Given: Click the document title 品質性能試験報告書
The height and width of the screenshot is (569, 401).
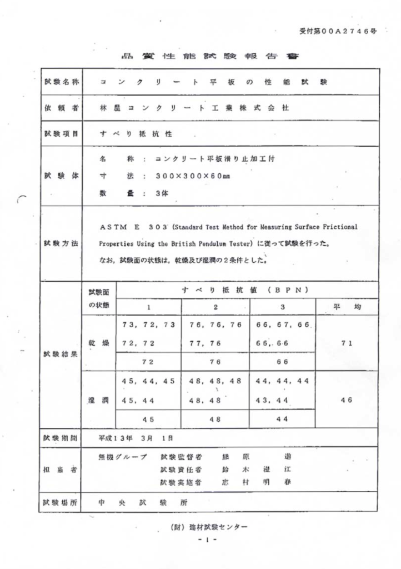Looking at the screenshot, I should point(202,57).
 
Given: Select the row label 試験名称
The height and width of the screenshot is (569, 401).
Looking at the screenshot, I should point(61,82).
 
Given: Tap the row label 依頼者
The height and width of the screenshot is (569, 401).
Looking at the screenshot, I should point(61,108).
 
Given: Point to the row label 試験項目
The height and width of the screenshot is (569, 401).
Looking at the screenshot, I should point(61,133).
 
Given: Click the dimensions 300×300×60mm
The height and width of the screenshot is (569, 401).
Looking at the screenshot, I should point(193,177).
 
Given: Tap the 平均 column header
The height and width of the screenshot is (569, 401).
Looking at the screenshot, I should point(347,307).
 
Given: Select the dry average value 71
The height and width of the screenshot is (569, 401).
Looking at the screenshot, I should point(347,343).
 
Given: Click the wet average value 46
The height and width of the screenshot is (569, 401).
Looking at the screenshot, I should point(347,400).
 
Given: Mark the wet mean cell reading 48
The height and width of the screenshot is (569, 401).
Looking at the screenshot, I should point(215,420).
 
